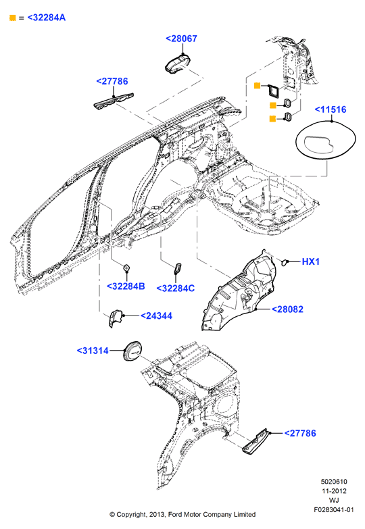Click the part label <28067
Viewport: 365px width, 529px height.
[x=181, y=39]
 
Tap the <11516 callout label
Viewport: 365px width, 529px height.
[x=331, y=109]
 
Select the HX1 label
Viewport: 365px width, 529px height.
[x=310, y=261]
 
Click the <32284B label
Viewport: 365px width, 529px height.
[x=126, y=286]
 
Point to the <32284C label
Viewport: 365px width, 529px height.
[x=176, y=288]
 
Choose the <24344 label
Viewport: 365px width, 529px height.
[x=156, y=316]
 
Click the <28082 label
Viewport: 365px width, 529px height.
[x=287, y=309]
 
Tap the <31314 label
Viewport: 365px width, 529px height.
[x=93, y=351]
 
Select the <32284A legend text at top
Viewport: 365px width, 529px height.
[x=46, y=18]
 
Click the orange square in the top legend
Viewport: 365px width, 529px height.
[x=12, y=18]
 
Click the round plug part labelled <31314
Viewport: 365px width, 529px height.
[x=132, y=351]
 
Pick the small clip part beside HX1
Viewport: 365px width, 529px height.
[x=285, y=261]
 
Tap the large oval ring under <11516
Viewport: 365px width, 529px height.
[x=326, y=139]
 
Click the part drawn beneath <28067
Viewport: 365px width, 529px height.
[x=178, y=64]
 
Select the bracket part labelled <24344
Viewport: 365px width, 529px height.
[x=115, y=318]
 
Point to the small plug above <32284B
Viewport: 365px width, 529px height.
[x=126, y=268]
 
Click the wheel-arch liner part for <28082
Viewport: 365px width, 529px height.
[x=239, y=291]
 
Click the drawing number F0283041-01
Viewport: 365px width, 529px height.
[x=334, y=510]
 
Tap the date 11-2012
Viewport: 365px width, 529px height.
[x=334, y=491]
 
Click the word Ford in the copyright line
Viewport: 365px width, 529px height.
[x=176, y=515]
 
